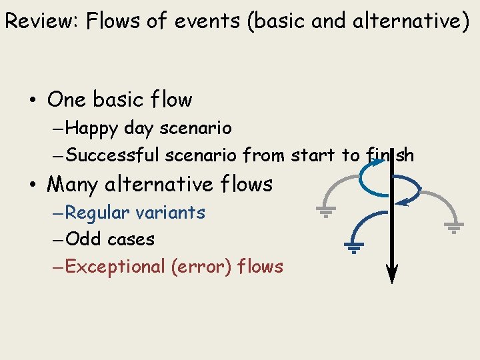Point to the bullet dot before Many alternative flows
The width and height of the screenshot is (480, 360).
pyautogui.click(x=31, y=185)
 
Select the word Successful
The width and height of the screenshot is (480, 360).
pyautogui.click(x=113, y=155)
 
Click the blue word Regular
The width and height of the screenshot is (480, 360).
pyautogui.click(x=98, y=213)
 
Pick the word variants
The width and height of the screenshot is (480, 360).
pyautogui.click(x=170, y=213)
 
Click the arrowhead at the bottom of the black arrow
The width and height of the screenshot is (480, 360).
pyautogui.click(x=392, y=274)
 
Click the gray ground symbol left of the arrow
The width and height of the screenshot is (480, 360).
pyautogui.click(x=325, y=213)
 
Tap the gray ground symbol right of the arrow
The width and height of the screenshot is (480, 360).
pyautogui.click(x=453, y=229)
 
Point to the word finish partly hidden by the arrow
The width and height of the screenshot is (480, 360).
pyautogui.click(x=389, y=155)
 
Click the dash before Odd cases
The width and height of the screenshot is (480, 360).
pyautogui.click(x=58, y=239)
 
